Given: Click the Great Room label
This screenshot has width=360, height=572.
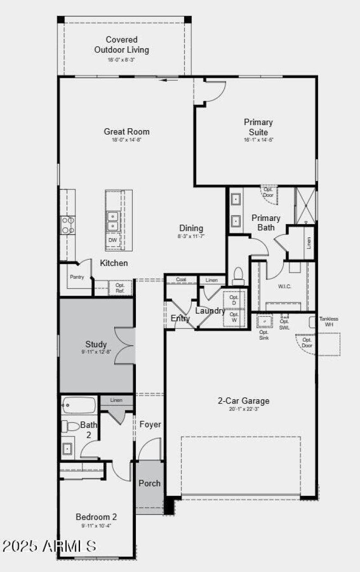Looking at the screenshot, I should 126,131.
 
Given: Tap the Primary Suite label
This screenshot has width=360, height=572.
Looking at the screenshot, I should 258,127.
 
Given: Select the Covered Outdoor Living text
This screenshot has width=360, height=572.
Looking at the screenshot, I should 121,45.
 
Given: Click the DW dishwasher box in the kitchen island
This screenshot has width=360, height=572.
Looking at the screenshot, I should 113,240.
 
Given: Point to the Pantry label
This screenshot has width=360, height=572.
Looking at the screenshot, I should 76,277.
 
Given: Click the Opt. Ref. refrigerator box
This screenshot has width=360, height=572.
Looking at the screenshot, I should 120,288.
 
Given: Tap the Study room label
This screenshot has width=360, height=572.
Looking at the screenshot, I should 96,345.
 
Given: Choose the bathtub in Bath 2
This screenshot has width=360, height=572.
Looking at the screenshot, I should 79,405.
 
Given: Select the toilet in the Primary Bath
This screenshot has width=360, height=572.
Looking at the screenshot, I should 238,275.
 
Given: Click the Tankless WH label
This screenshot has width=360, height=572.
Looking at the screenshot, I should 328,322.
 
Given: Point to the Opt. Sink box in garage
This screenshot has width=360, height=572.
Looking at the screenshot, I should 264,321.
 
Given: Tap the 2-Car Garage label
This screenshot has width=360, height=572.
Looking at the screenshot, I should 243,401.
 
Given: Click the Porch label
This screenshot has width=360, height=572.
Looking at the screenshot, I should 149,483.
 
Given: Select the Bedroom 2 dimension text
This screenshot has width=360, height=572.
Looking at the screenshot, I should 96,526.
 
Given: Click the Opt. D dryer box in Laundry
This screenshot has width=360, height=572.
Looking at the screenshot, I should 234,300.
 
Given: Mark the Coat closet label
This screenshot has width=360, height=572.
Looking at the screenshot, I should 181,279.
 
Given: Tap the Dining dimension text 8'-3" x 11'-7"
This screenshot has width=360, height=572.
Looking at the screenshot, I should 191,236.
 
